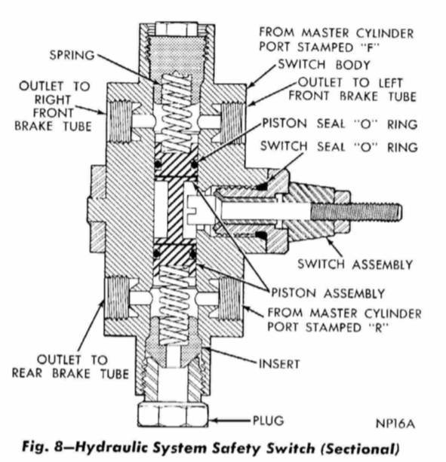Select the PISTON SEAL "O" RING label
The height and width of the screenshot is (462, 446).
(338, 123)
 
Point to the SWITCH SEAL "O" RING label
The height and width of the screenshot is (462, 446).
(338, 147)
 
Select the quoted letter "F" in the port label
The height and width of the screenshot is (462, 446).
(339, 50)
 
